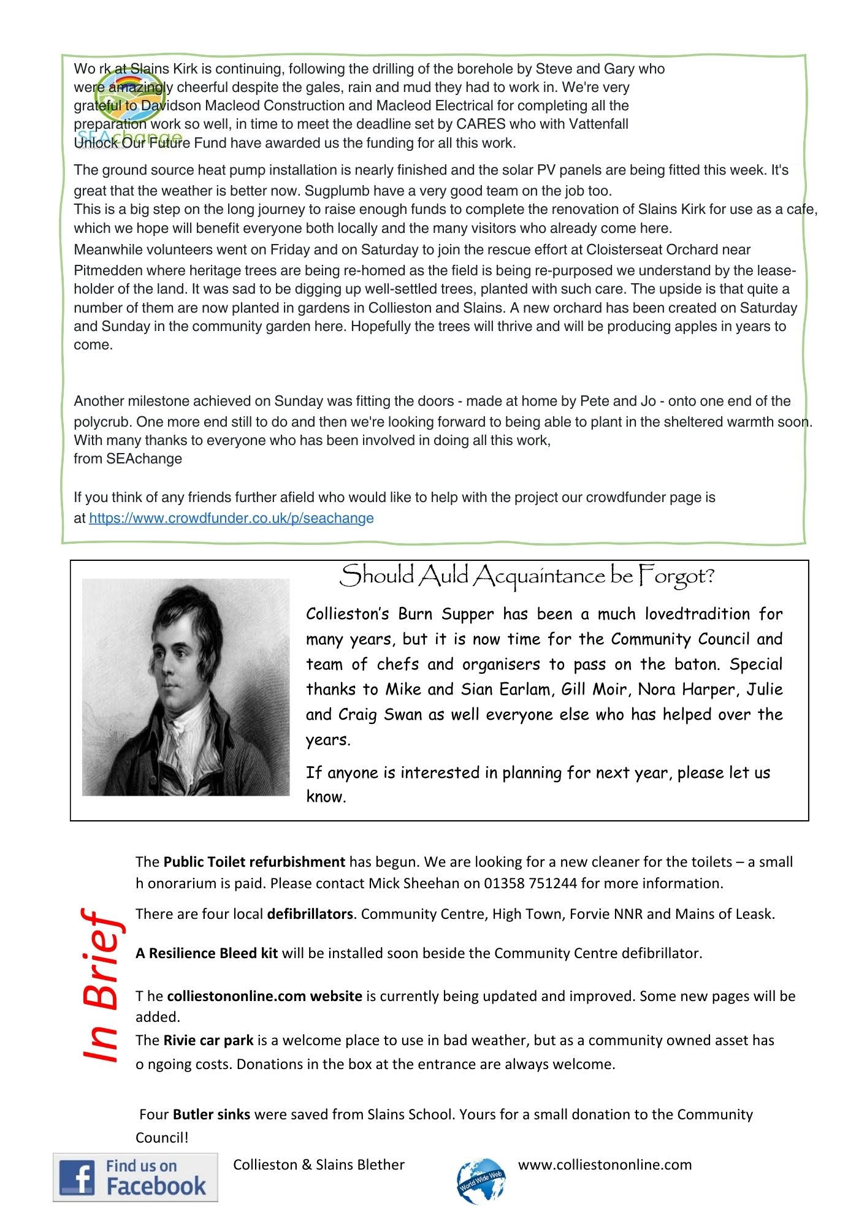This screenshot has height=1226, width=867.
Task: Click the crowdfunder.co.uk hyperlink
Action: [x=231, y=518]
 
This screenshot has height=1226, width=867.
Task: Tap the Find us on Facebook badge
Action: [x=136, y=1177]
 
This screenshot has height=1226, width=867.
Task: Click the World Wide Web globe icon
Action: [x=481, y=1181]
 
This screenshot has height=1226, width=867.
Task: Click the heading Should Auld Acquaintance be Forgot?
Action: [x=527, y=576]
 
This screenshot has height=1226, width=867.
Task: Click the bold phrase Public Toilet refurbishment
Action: [x=254, y=862]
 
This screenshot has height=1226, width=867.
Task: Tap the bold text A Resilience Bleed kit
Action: [x=207, y=953]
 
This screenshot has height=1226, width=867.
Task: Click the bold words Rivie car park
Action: [x=208, y=1040]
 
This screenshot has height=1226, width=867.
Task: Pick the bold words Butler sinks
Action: [x=212, y=1114]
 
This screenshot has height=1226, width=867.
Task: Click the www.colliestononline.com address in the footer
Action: [x=605, y=1165]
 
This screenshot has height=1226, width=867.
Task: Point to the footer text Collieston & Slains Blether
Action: [x=319, y=1165]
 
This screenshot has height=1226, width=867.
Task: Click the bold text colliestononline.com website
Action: [x=264, y=996]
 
